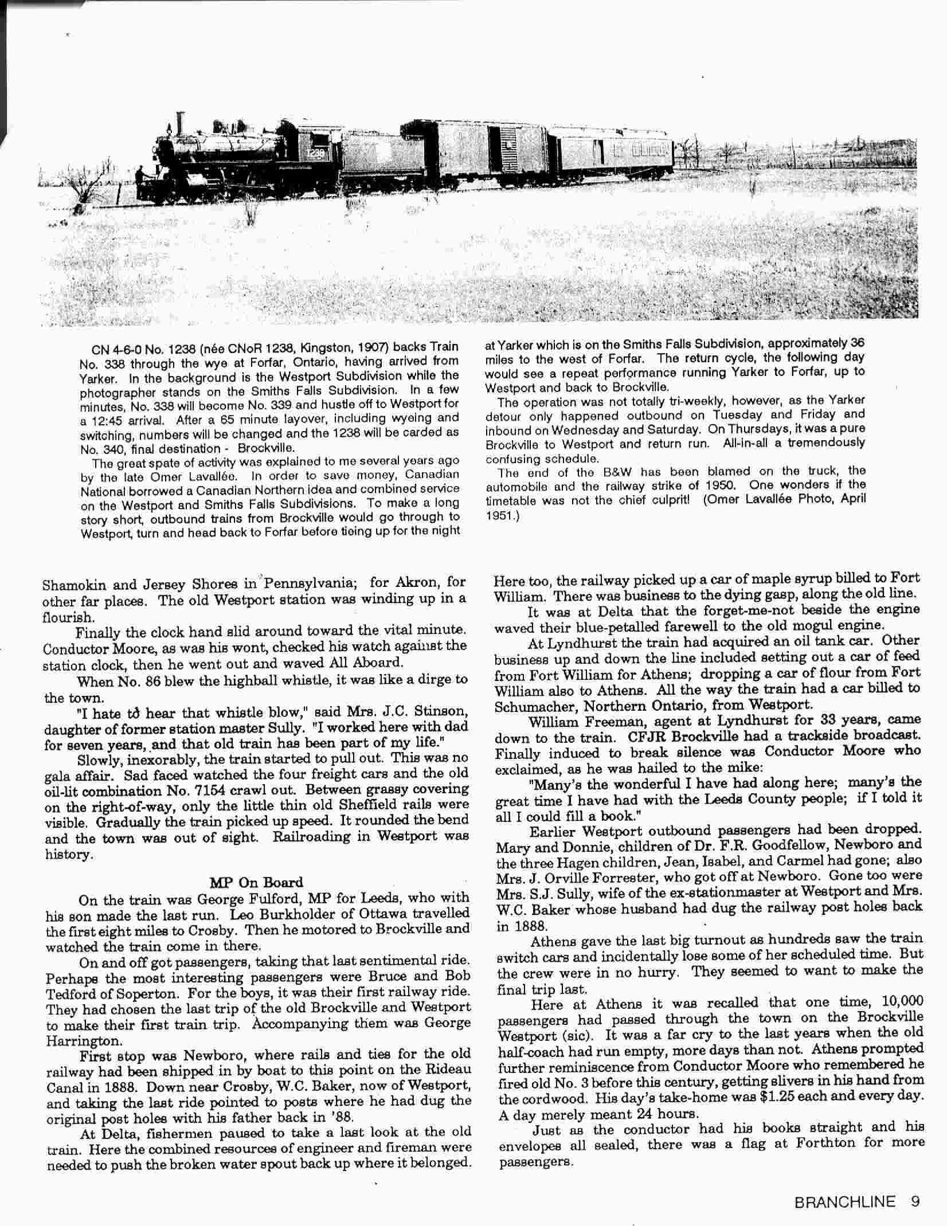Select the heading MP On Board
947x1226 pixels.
(x=256, y=882)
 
